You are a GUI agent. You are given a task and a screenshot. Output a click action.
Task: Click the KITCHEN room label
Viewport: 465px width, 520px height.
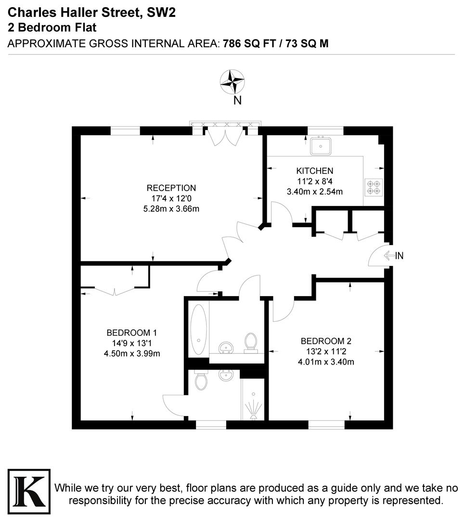(314, 171)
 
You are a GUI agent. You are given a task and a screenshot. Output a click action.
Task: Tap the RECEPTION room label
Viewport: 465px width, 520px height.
(171, 188)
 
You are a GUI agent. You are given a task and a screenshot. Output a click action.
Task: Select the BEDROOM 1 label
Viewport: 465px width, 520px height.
(132, 332)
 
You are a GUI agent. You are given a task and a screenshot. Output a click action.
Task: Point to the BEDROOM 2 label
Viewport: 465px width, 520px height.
(326, 341)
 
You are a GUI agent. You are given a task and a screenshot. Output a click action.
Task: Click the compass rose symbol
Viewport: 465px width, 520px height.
(232, 82)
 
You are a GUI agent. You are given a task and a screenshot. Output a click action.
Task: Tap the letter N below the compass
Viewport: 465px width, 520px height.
(237, 101)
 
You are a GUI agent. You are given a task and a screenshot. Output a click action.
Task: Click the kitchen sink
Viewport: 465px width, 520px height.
(320, 145)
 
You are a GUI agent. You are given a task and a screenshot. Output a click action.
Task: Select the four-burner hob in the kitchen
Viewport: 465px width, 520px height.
(374, 187)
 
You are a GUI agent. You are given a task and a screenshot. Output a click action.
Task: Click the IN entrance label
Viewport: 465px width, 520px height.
(399, 256)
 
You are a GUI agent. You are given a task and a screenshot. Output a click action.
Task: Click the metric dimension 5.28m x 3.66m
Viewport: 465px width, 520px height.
(172, 208)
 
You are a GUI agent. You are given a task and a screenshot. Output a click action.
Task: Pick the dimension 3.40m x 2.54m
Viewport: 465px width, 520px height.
(314, 192)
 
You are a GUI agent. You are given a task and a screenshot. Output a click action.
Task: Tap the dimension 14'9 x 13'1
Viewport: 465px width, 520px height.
(132, 343)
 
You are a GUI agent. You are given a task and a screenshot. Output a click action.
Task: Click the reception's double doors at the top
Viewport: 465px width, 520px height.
(226, 136)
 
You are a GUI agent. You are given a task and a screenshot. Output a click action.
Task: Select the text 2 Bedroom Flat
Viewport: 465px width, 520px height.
(52, 27)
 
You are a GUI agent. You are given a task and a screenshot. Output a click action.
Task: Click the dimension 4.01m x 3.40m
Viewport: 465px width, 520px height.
(326, 362)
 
